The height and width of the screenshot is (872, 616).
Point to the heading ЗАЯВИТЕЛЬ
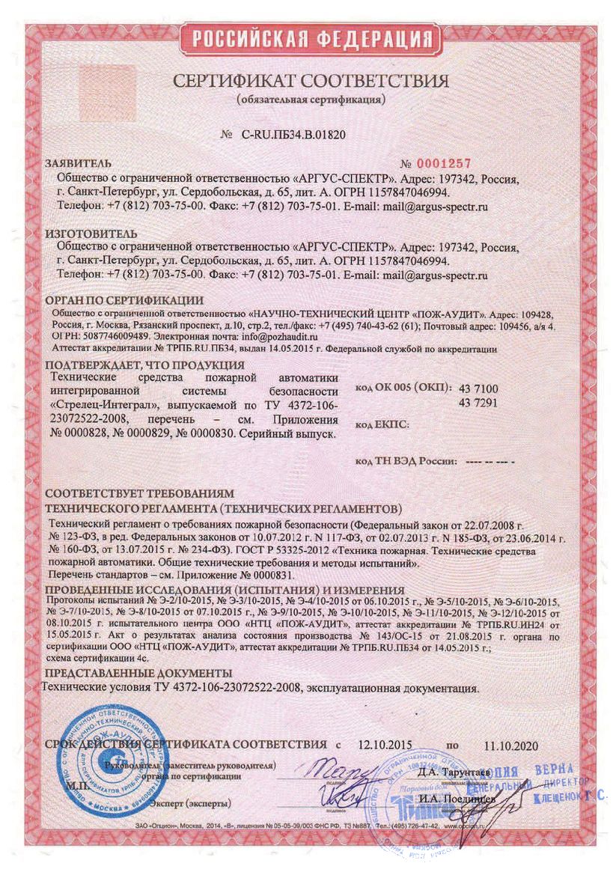79,163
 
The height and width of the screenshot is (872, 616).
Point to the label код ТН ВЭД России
405,463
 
